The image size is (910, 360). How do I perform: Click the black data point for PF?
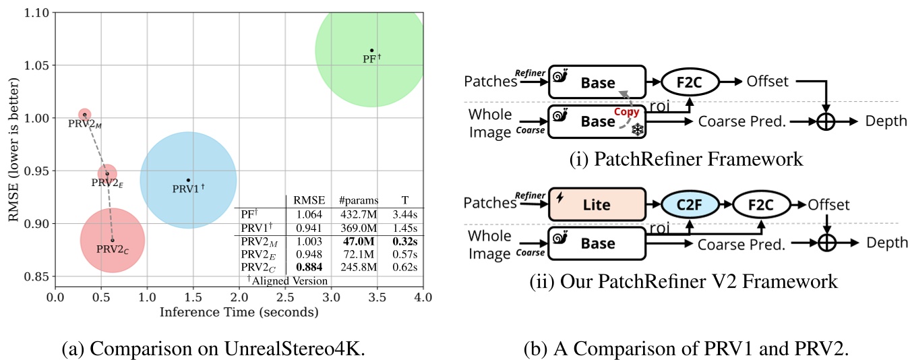(x=371, y=50)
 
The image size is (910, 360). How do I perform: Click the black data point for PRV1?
(x=188, y=180)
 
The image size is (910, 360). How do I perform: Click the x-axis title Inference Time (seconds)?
(x=239, y=312)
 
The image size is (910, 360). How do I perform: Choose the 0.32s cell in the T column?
(x=404, y=241)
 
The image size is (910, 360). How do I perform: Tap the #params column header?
(x=358, y=200)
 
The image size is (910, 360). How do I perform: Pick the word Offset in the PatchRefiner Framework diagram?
(x=767, y=81)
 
